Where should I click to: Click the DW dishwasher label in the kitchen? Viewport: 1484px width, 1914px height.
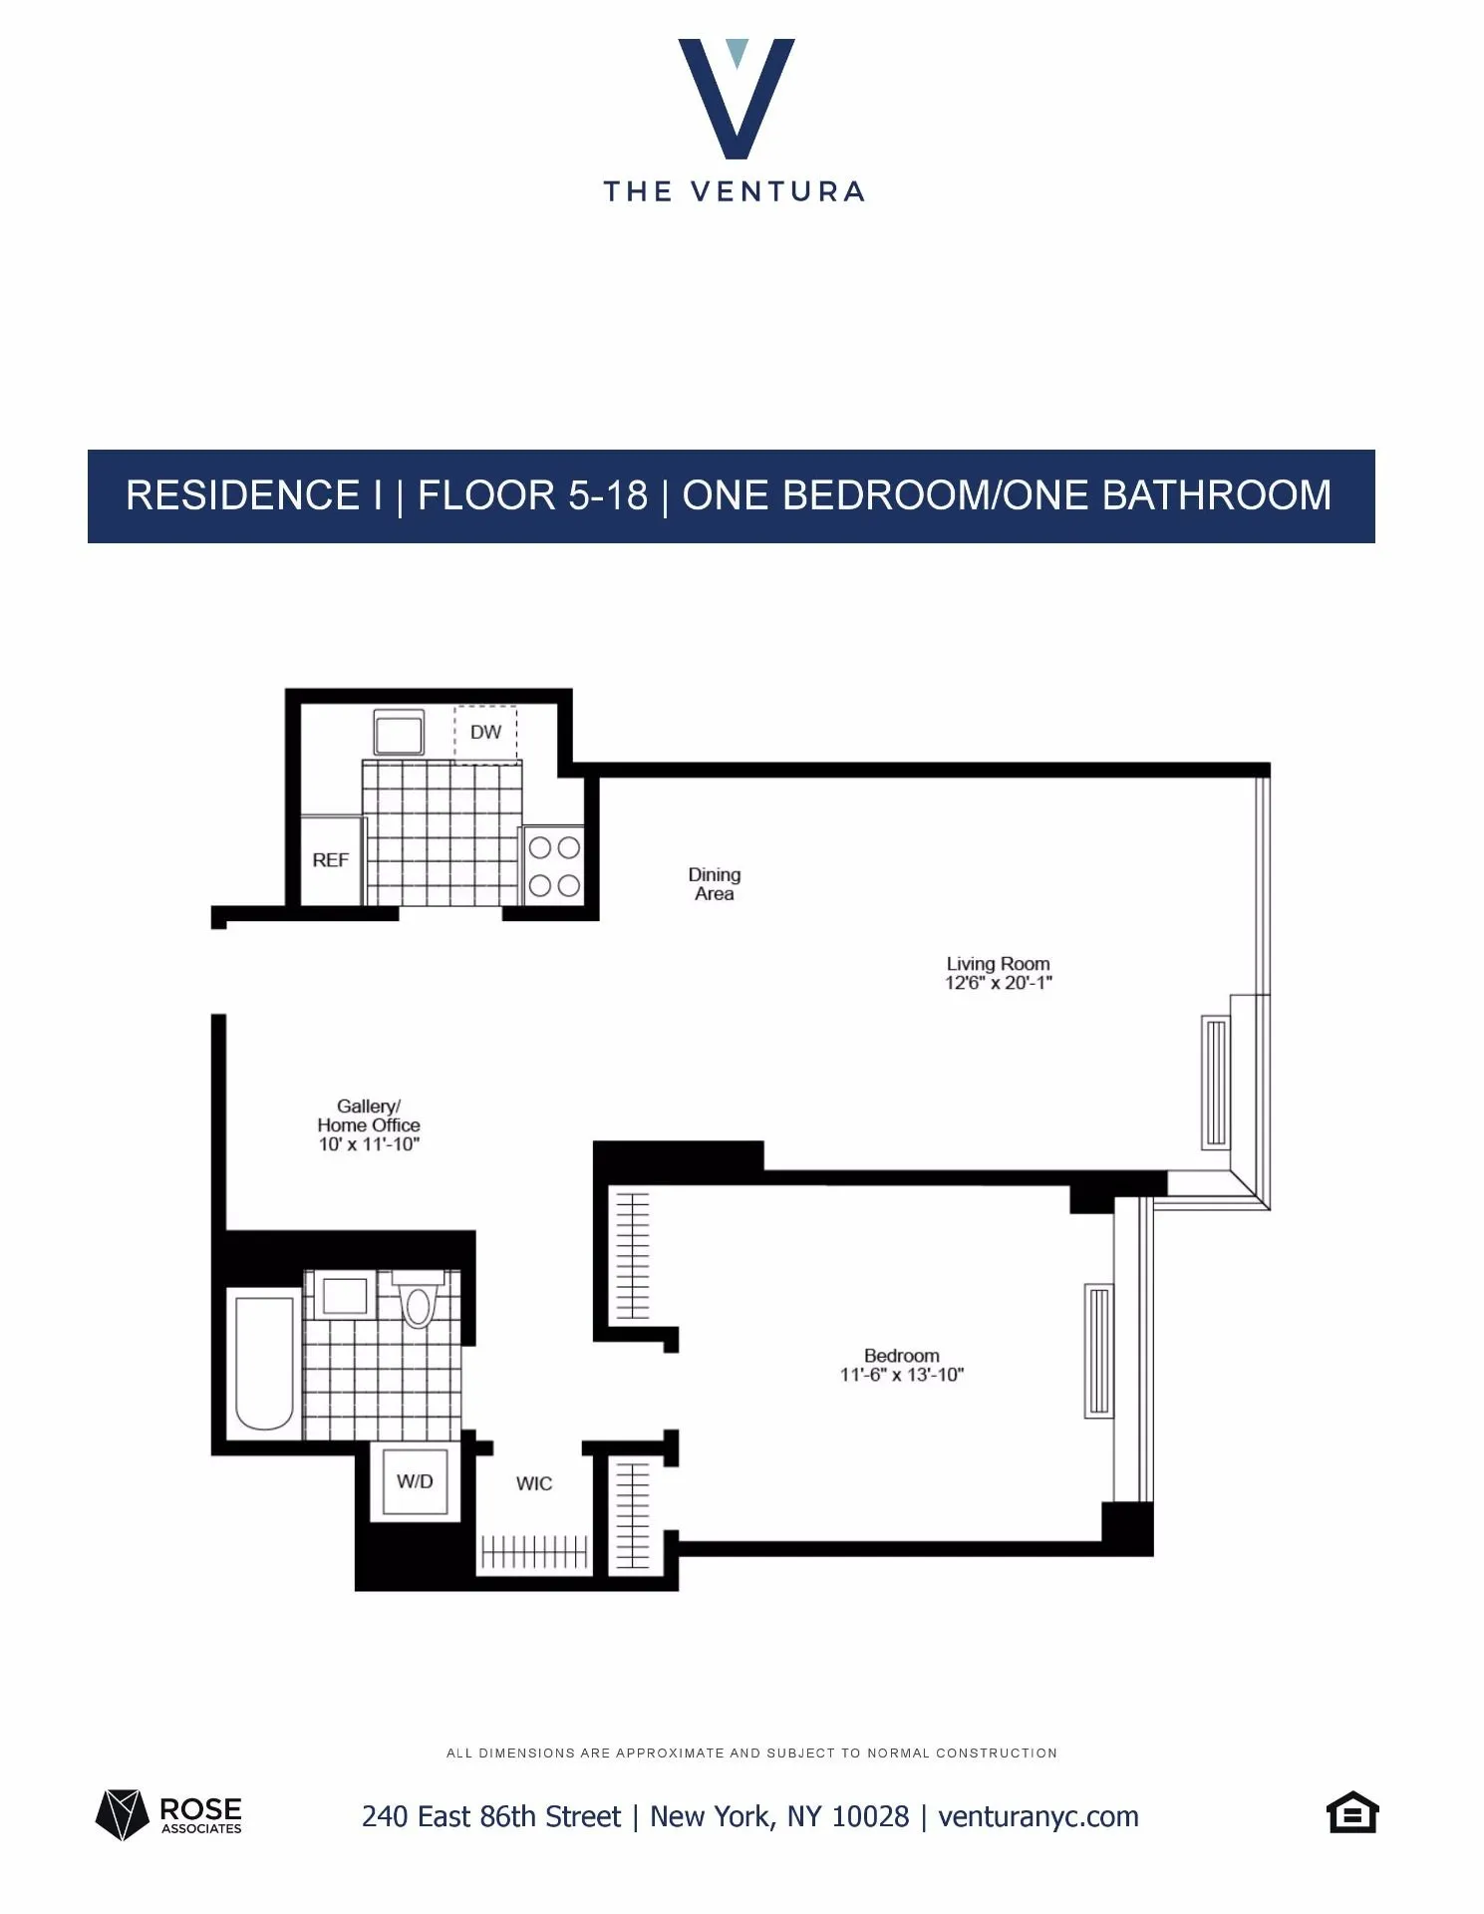coord(485,733)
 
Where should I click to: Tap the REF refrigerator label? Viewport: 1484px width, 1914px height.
coord(331,860)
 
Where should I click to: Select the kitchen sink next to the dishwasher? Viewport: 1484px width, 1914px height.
coord(399,733)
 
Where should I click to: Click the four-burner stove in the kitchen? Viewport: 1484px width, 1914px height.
coord(554,865)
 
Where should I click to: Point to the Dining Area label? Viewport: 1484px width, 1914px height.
coord(715,884)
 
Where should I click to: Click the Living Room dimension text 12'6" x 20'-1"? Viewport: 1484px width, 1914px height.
coord(999,983)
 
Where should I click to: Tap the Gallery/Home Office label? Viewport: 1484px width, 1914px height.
coord(369,1116)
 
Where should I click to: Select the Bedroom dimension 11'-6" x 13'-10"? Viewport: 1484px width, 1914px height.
coord(902,1376)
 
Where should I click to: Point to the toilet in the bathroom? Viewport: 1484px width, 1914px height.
coord(419,1301)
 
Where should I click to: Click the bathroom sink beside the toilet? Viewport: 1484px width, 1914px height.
coord(344,1296)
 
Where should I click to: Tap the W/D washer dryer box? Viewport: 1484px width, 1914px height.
coord(415,1481)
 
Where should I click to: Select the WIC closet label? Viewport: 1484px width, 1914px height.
coord(534,1483)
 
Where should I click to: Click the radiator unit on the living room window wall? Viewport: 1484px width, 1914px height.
coord(1216,1082)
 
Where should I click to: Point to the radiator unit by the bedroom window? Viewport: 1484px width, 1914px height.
coord(1098,1351)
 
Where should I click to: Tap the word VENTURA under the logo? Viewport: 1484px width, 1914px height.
coord(777,191)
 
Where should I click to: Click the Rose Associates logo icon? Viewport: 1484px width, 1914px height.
coord(122,1814)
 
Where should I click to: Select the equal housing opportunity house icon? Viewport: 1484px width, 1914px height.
coord(1352,1813)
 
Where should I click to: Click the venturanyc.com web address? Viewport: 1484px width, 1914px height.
coord(1039,1816)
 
